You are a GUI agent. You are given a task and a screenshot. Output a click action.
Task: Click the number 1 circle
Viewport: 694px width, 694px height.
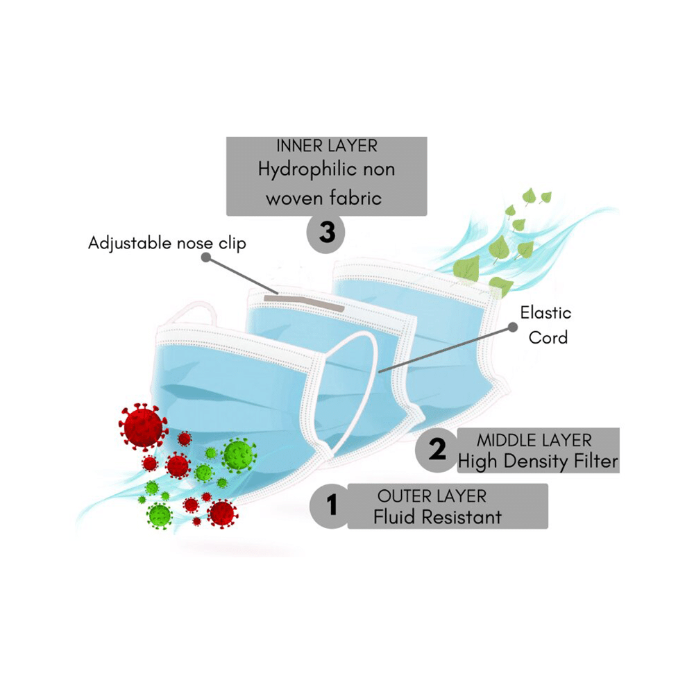[332, 505]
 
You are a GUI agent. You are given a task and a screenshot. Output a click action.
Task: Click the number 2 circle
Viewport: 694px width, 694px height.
[437, 450]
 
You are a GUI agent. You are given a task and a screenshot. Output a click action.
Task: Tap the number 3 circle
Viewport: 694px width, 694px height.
[326, 232]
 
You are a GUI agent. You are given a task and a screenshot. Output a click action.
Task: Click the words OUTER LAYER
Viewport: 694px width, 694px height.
[432, 496]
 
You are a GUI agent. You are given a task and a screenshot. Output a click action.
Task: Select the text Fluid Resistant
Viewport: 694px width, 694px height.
[437, 517]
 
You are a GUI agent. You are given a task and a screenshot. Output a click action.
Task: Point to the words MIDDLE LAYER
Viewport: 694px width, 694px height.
[534, 440]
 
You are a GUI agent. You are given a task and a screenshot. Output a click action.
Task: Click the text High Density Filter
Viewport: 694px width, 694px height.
[537, 461]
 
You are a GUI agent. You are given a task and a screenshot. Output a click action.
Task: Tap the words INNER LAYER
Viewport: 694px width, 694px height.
[327, 146]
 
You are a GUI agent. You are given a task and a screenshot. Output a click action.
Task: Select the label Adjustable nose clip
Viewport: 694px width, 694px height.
[167, 244]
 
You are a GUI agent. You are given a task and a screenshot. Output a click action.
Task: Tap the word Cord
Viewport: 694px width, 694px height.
[548, 338]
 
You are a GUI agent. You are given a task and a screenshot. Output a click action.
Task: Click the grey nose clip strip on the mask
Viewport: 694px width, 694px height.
[305, 302]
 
